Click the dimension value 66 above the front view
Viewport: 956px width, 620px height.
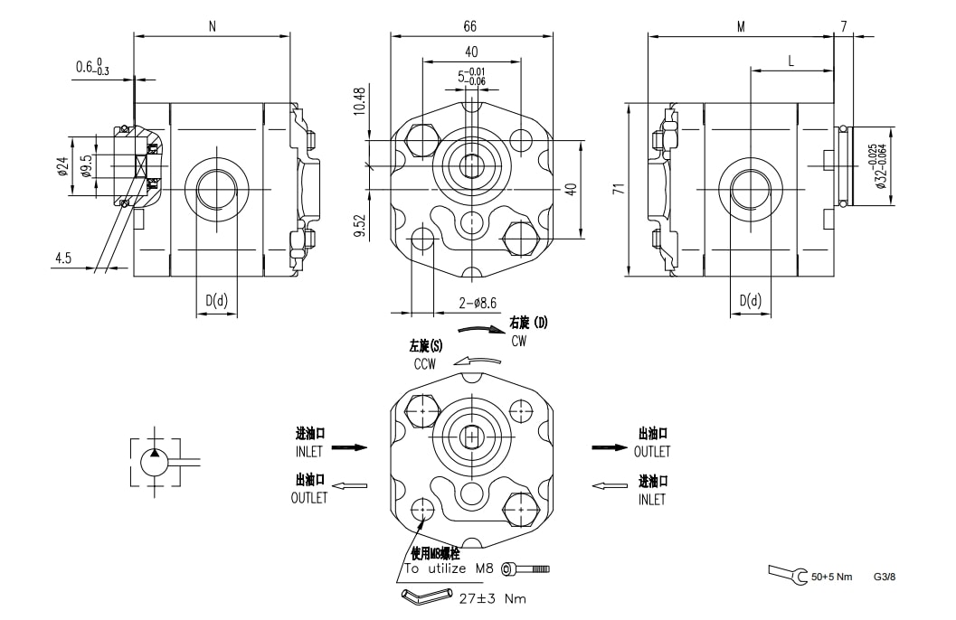(x=469, y=26)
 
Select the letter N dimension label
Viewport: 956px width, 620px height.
(x=213, y=26)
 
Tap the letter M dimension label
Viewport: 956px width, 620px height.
(x=741, y=27)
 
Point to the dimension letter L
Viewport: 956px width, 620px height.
(x=791, y=61)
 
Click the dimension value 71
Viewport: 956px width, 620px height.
(x=620, y=188)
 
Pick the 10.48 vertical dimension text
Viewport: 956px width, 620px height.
(x=360, y=101)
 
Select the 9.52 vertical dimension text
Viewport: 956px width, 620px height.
(x=360, y=225)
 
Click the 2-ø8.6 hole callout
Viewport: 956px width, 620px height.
(x=478, y=303)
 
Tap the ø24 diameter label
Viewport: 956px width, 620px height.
(x=62, y=166)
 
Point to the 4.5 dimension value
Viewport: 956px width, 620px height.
(x=63, y=258)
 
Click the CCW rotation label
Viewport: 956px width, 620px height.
(x=425, y=364)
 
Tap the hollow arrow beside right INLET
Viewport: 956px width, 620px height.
(x=610, y=485)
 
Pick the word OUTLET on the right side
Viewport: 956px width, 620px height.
(x=652, y=452)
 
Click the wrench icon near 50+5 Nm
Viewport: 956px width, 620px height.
(x=788, y=575)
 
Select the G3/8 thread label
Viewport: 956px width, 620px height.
(x=885, y=577)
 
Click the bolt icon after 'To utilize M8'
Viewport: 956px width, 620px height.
(x=525, y=568)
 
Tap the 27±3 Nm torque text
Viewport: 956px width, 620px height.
(x=493, y=598)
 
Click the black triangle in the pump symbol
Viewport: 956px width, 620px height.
(x=155, y=453)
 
